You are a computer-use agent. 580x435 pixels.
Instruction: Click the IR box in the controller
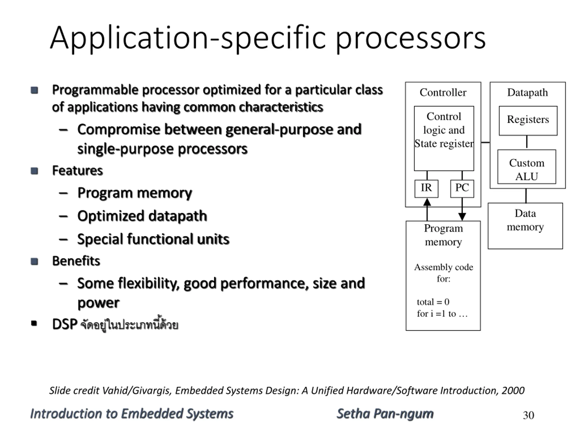click(x=426, y=188)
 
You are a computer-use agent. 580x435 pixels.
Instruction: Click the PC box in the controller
click(x=462, y=188)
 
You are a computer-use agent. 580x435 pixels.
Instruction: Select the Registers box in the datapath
click(x=528, y=121)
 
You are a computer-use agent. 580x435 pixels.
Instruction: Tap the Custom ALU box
click(x=527, y=167)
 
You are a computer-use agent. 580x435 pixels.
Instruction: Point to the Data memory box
click(x=525, y=226)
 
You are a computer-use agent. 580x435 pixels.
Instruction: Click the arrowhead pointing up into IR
click(x=427, y=202)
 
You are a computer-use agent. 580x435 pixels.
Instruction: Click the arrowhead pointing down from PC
click(x=462, y=217)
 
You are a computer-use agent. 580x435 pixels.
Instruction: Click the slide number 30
click(x=528, y=415)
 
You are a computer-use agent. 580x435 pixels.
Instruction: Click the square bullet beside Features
click(x=34, y=171)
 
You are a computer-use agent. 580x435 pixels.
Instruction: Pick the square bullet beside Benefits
click(x=34, y=261)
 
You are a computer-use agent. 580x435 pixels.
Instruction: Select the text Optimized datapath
click(x=142, y=216)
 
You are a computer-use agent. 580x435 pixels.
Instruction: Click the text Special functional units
click(x=153, y=239)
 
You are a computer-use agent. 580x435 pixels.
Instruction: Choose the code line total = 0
click(x=433, y=302)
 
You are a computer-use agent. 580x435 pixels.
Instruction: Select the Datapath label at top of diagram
click(x=528, y=93)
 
